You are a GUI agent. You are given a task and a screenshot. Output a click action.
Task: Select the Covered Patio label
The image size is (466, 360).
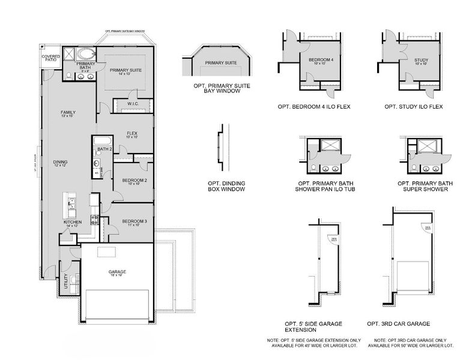click(50, 59)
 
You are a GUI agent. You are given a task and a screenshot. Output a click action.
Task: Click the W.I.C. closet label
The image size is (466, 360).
click(133, 104)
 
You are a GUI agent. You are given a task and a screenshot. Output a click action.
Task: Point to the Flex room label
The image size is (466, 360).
click(133, 134)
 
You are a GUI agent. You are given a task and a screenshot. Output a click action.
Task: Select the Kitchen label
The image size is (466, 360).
click(73, 223)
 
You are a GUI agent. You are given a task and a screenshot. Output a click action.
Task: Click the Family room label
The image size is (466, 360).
click(67, 113)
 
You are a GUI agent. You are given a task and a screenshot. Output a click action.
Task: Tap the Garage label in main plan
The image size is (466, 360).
click(117, 272)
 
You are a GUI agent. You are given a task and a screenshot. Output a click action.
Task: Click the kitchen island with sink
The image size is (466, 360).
click(71, 206)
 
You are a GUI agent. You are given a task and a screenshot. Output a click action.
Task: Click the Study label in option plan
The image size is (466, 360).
click(420, 61)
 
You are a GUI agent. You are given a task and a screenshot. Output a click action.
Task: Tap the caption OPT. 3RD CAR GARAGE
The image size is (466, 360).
click(400, 323)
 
